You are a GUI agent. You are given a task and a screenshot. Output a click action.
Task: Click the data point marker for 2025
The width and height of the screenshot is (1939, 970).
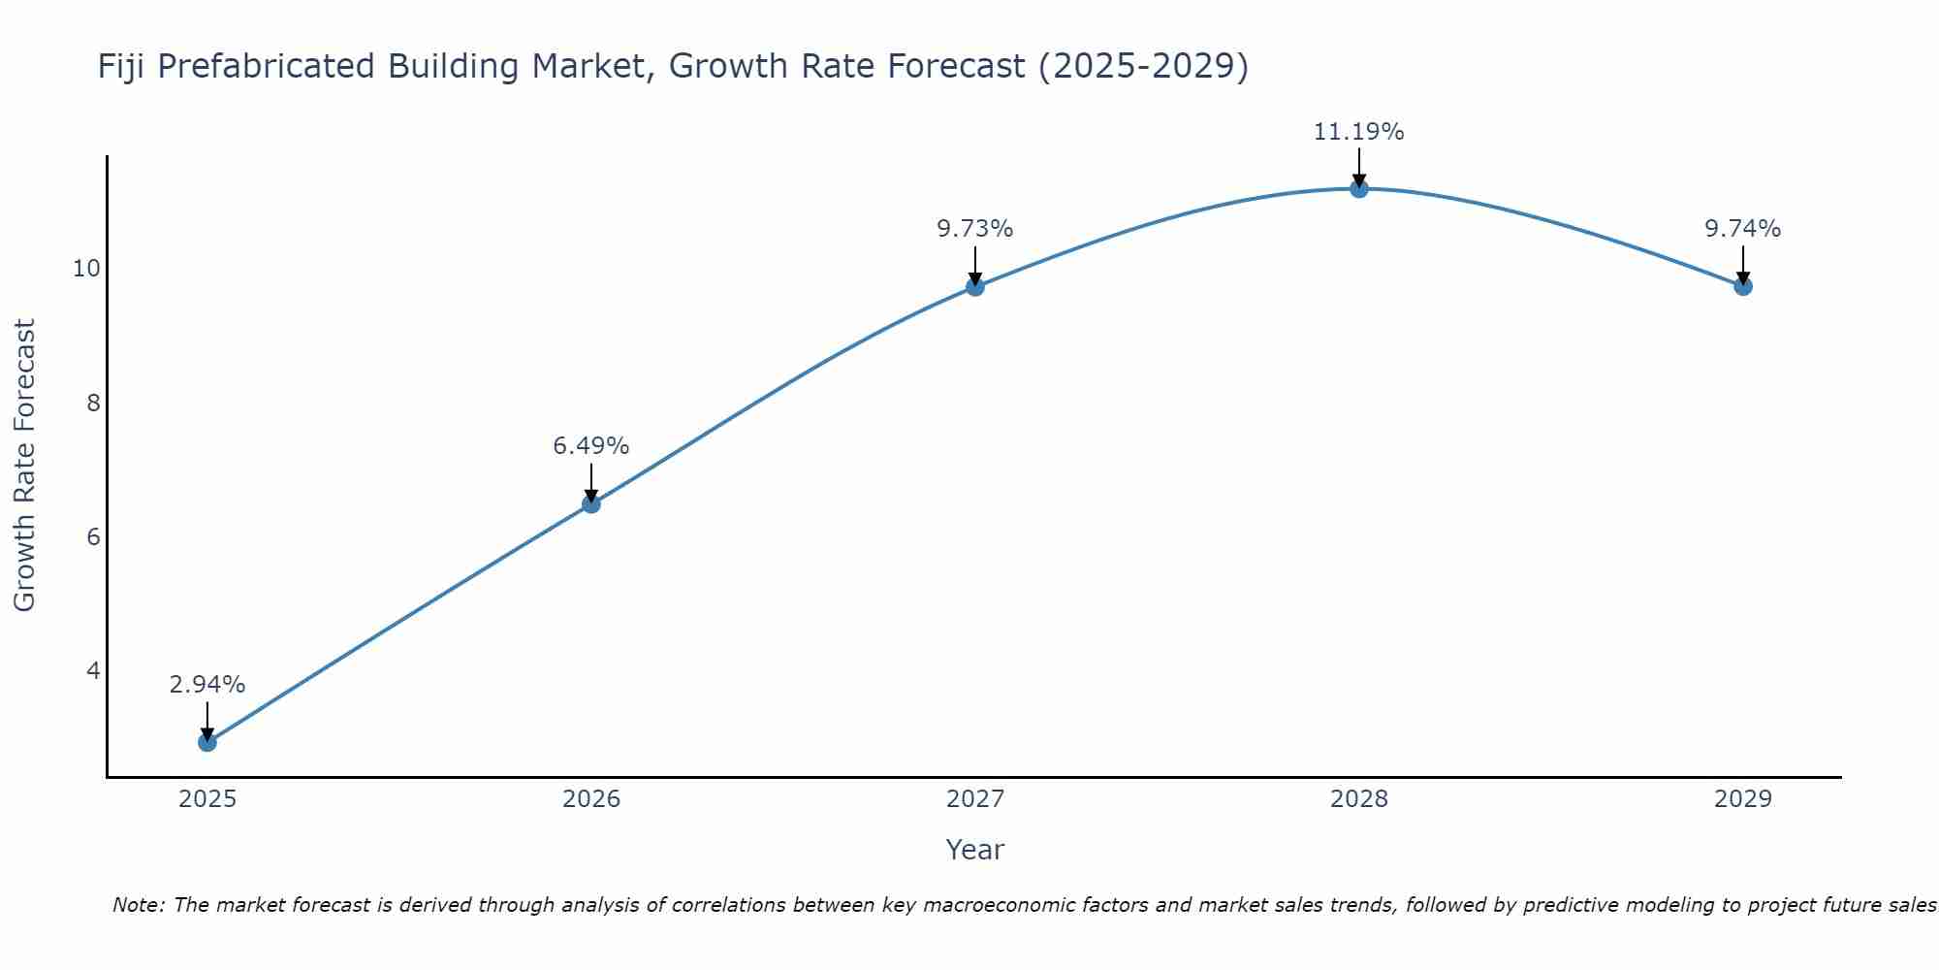point(207,742)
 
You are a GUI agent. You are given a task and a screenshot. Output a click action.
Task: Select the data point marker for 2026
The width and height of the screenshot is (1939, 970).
point(591,503)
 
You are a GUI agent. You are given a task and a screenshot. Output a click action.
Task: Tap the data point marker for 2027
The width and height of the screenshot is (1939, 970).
point(975,286)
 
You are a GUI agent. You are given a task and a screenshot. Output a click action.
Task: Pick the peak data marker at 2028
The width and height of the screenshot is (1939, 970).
point(1359,188)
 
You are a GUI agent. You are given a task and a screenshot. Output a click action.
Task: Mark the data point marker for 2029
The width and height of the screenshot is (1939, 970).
point(1743,286)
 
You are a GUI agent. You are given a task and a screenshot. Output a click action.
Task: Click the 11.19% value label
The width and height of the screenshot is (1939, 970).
point(1358,132)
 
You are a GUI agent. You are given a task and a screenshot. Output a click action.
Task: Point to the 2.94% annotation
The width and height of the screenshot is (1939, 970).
point(207,685)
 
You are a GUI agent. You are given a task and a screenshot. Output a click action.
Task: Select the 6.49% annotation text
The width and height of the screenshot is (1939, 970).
point(591,446)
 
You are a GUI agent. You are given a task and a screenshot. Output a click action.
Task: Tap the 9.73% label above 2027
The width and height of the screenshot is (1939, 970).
point(975,229)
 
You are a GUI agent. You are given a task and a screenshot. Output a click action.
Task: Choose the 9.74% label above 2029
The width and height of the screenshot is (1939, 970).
point(1743,229)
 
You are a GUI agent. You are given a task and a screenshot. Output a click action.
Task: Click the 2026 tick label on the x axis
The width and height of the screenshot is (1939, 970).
point(591,799)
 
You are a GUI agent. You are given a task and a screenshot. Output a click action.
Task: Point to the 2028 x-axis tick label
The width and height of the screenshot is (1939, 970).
point(1359,799)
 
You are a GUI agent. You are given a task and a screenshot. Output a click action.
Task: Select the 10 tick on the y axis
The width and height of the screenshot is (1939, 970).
point(87,269)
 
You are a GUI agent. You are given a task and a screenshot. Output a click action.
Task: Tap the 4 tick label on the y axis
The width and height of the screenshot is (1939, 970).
point(93,671)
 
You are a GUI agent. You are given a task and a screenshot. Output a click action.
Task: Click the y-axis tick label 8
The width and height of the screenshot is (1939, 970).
point(93,403)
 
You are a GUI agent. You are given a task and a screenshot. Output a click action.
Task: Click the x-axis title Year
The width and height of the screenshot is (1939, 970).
point(974,850)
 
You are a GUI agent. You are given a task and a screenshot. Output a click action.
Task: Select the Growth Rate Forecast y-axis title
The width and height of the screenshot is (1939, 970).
point(25,466)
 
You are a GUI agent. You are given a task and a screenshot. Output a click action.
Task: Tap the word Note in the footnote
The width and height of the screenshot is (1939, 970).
point(137,905)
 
